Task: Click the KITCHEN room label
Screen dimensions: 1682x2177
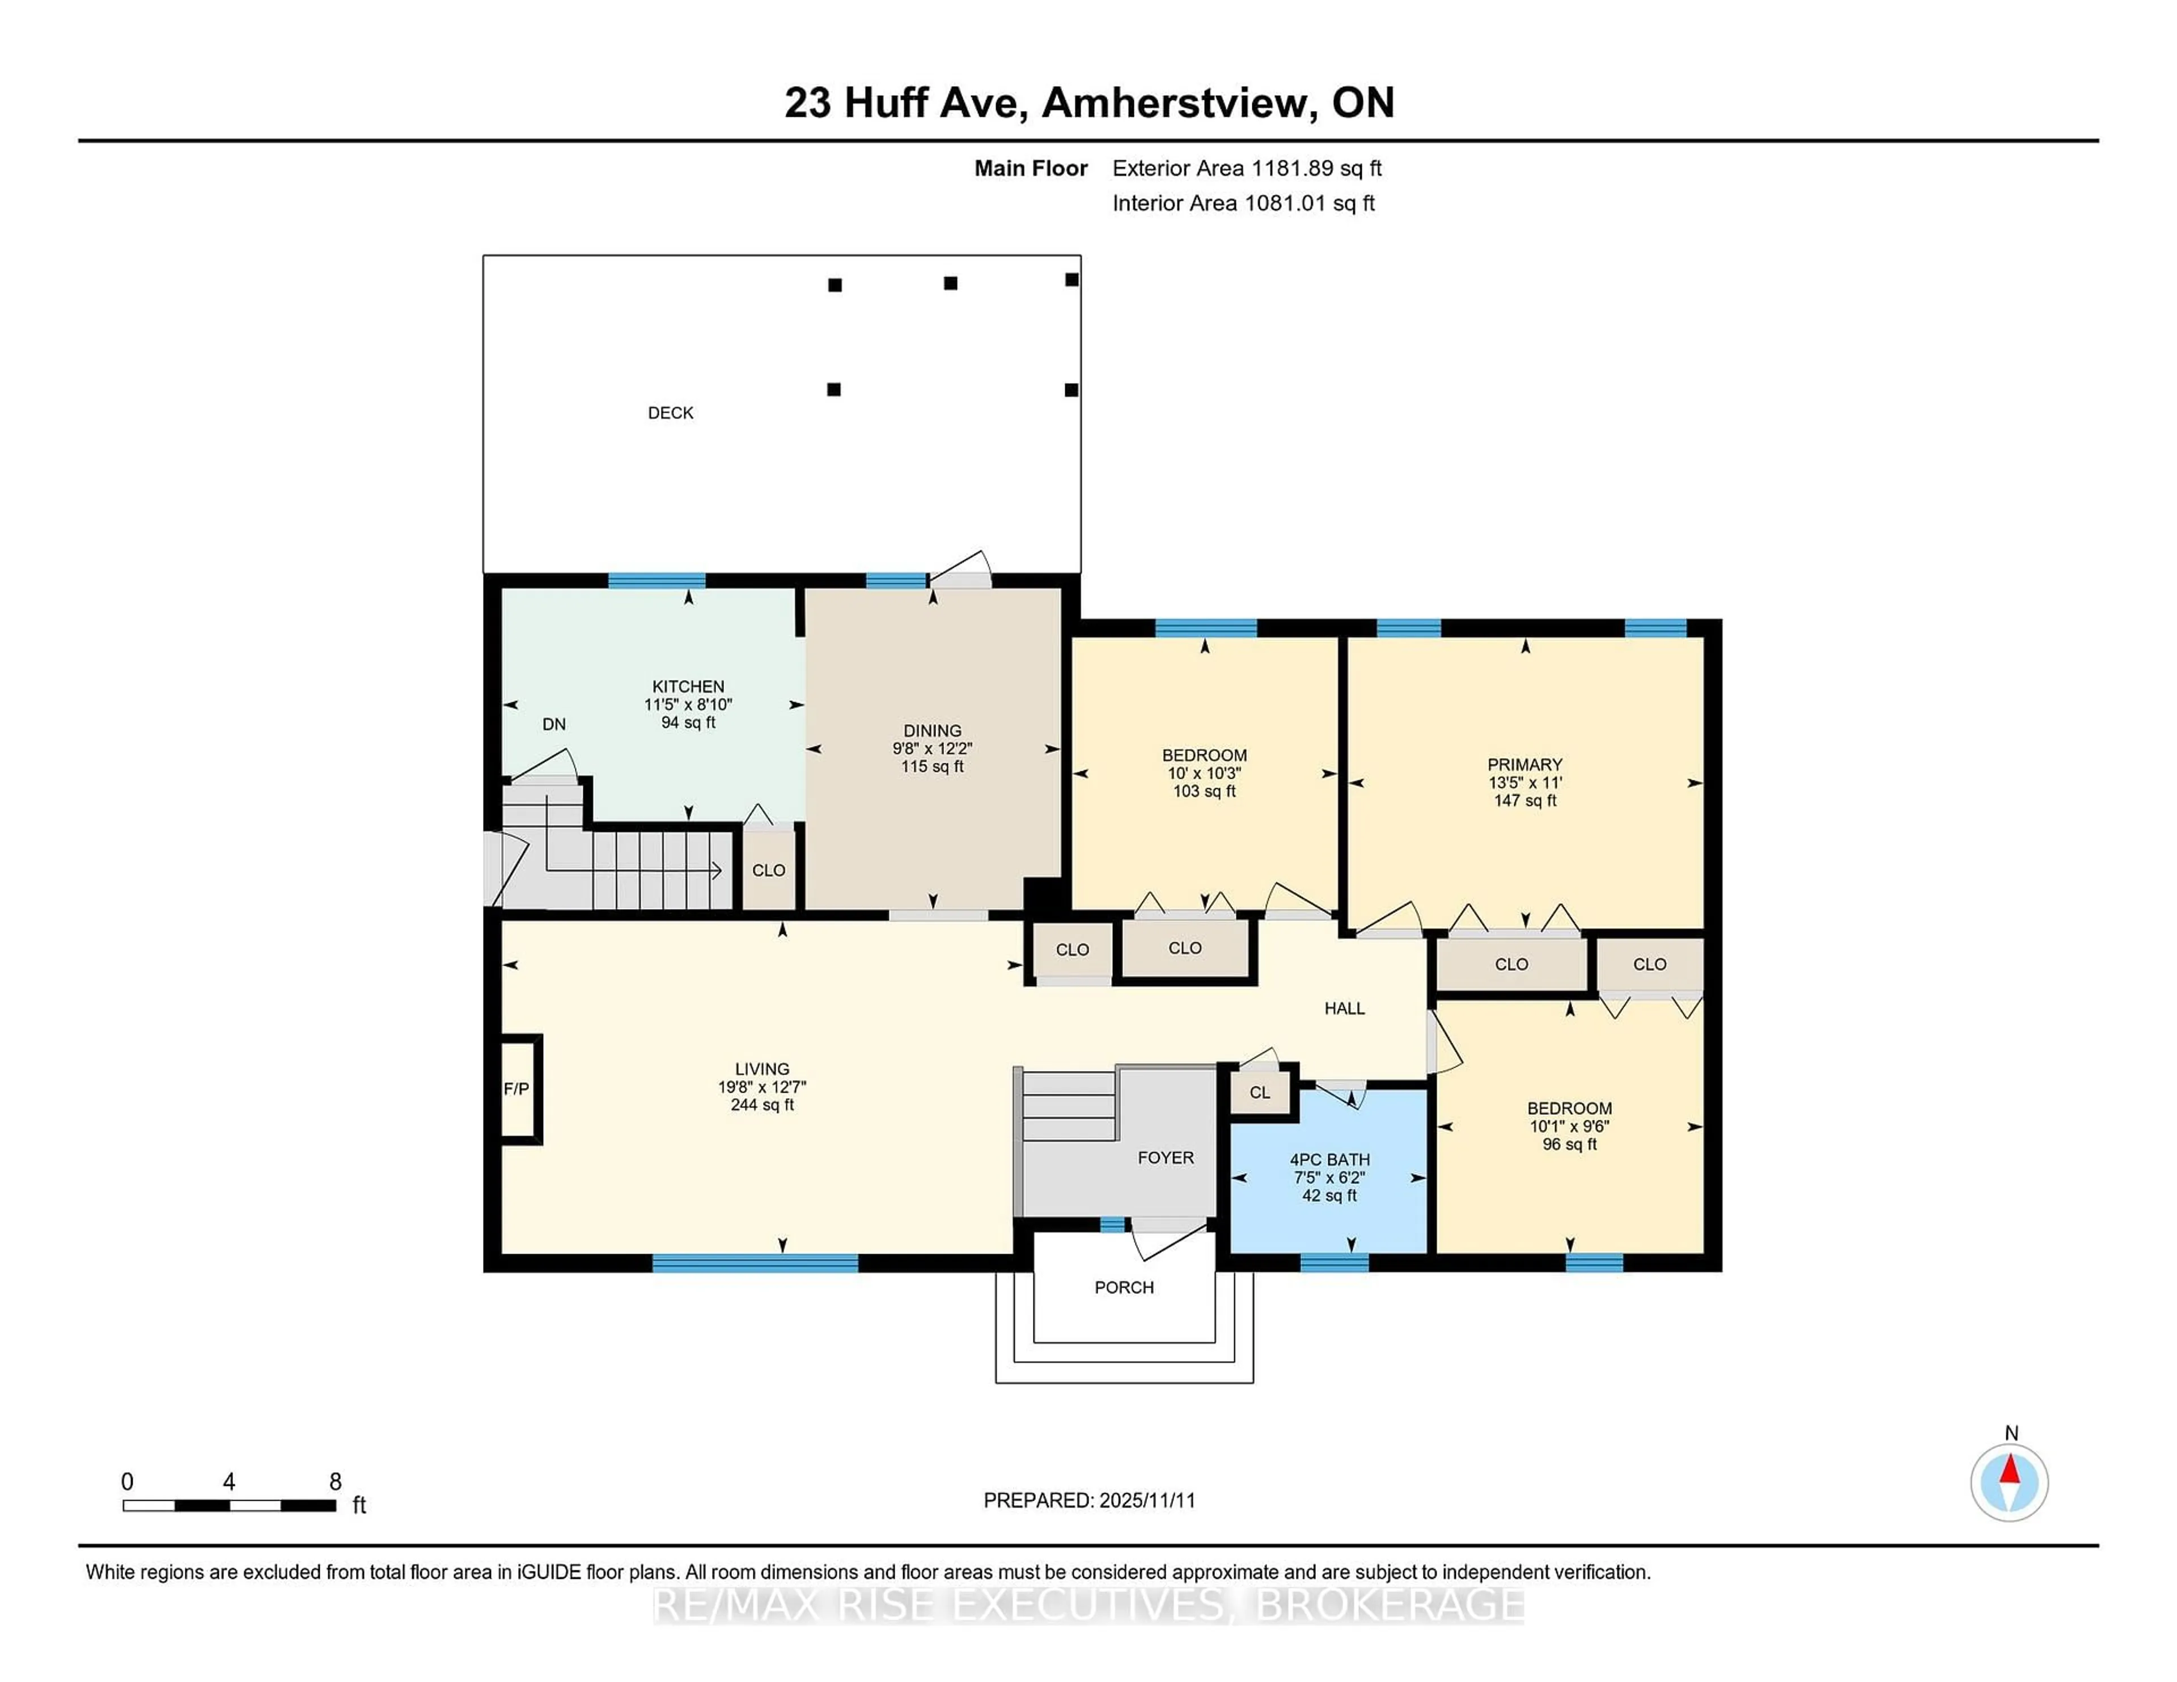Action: tap(688, 686)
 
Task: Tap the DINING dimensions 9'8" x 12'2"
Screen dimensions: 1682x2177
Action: tap(932, 748)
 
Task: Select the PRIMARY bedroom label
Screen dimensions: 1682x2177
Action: tap(1524, 764)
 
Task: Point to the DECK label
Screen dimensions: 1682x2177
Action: tap(670, 413)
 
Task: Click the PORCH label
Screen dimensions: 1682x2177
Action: tap(1124, 1288)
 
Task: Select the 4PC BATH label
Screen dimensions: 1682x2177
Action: tap(1329, 1160)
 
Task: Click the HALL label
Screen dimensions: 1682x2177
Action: tap(1344, 1008)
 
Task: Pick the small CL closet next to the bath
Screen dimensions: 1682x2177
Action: tap(1260, 1092)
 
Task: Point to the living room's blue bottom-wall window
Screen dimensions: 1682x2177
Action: tap(755, 1263)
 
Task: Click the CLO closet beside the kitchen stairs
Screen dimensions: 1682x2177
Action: tap(769, 870)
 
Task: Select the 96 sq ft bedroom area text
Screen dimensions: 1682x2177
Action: tap(1569, 1144)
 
